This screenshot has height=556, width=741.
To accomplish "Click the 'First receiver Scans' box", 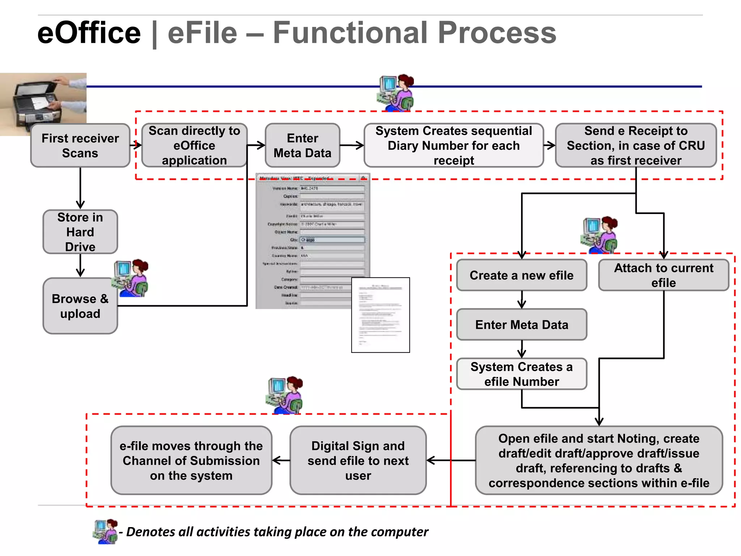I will pos(80,146).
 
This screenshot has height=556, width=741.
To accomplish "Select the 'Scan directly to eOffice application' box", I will pos(194,146).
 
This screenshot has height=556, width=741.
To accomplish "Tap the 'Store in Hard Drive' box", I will pos(80,232).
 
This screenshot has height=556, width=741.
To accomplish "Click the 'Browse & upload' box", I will pos(80,306).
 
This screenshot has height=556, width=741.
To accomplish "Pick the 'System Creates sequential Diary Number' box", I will pos(453,146).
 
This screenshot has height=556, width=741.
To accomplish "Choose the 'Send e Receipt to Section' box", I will pos(636,146).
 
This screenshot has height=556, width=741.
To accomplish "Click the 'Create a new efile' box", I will pos(521,275).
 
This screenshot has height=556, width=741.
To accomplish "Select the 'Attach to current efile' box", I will pos(664,275).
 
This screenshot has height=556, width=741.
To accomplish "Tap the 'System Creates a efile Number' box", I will pos(521,374).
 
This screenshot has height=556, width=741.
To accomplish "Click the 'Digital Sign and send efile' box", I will pos(358,460).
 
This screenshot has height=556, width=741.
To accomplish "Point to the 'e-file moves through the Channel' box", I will pos(191,460).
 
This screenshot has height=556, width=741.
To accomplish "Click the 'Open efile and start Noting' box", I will pos(599,460).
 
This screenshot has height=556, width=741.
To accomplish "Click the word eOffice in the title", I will pos(89,33).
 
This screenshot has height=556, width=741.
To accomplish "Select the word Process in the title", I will pos(497,33).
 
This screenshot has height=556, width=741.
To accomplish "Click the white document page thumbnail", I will pos(380,315).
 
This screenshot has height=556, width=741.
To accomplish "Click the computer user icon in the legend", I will pos(106,531).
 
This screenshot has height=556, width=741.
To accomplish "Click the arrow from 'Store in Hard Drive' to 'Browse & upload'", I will pos(80,266).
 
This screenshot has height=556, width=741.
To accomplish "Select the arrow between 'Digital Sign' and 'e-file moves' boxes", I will pos(281,460).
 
